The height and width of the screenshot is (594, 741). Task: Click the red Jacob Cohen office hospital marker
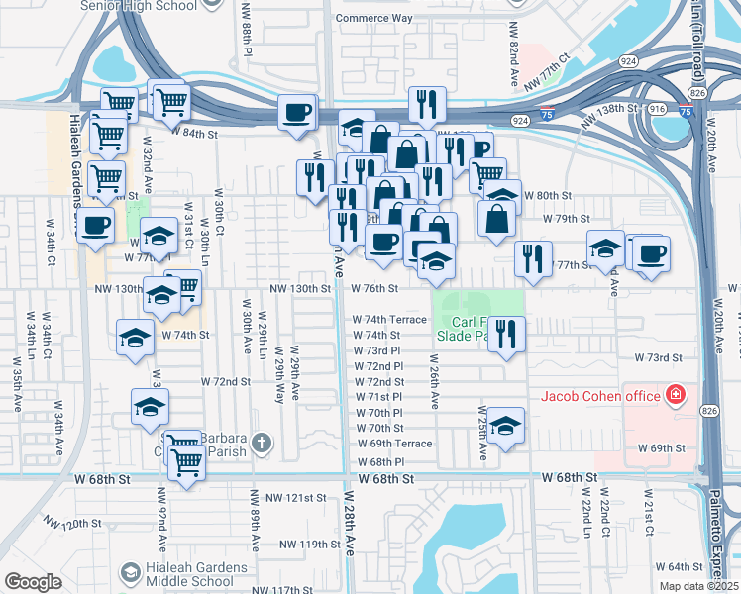(676, 397)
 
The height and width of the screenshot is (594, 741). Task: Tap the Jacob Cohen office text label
(599, 397)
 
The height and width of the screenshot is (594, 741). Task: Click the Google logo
(33, 582)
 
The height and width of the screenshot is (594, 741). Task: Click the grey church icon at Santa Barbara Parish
(262, 443)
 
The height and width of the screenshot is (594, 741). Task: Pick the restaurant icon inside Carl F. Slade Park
(506, 334)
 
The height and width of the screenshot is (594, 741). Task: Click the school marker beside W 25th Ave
(506, 426)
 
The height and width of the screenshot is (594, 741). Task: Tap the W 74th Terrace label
(389, 320)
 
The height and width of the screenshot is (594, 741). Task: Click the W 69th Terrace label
(393, 444)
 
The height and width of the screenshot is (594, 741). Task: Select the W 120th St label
(75, 523)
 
